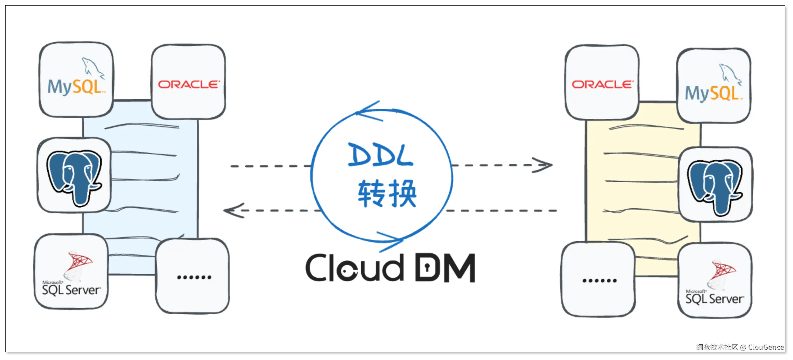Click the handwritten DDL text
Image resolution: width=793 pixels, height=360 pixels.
pyautogui.click(x=381, y=155)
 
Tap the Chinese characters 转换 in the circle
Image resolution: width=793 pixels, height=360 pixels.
pyautogui.click(x=387, y=194)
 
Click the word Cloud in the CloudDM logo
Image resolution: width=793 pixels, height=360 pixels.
pyautogui.click(x=354, y=268)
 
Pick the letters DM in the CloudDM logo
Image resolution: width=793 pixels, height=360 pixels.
pyautogui.click(x=445, y=268)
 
